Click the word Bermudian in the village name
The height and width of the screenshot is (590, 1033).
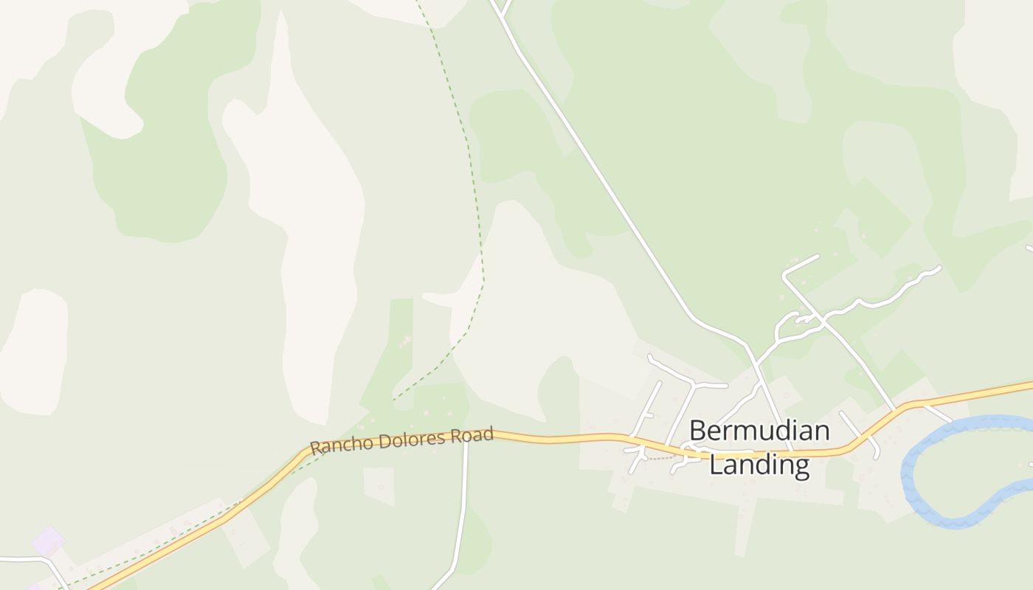click(759, 431)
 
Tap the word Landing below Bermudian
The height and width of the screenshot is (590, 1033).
click(759, 465)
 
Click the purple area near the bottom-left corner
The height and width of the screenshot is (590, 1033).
click(48, 542)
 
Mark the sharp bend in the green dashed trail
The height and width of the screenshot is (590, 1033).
click(483, 280)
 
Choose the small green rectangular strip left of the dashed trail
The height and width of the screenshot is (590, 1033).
click(401, 332)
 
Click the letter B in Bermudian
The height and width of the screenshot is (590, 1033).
click(699, 431)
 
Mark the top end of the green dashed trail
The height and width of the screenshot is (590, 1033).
click(418, 4)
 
